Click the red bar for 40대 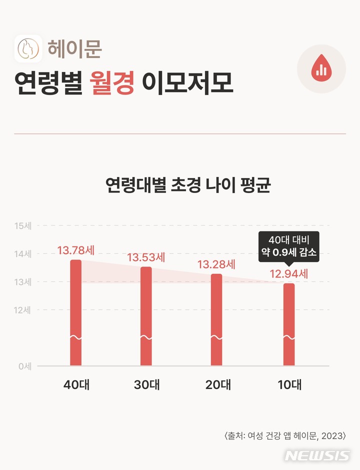pos(75,312)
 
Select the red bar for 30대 pos(146,316)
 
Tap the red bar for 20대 pos(216,319)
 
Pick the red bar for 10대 pos(289,324)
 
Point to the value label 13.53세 pos(146,258)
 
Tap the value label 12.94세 pos(289,274)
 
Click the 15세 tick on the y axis pos(23,225)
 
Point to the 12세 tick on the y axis pos(23,310)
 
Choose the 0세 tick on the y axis pos(24,366)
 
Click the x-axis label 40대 pos(76,385)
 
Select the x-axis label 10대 pos(289,385)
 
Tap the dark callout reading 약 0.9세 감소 pos(289,246)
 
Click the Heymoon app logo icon pos(28,48)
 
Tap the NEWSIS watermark pos(317,456)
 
